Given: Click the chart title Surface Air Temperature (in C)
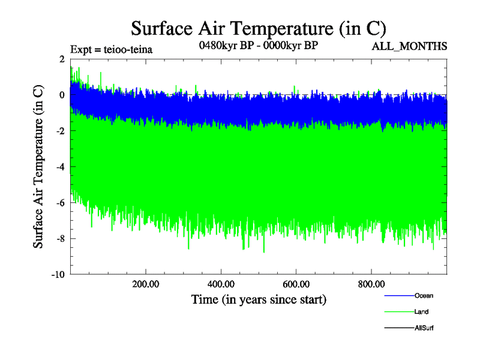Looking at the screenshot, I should tap(258, 28).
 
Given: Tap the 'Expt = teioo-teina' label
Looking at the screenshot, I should tap(112, 50).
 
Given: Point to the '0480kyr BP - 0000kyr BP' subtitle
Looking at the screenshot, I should tap(258, 46).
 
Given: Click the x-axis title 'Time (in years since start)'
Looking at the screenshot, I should tap(258, 299).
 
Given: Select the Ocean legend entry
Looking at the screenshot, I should tap(423, 296).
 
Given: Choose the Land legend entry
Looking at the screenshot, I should tap(421, 312).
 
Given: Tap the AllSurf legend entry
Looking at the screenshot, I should tap(423, 328).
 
